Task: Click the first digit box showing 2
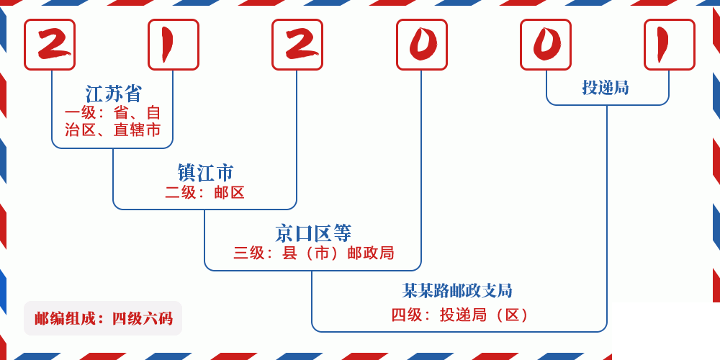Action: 50,45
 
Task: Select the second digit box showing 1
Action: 174,45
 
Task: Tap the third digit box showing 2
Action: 297,45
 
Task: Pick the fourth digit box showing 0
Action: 422,45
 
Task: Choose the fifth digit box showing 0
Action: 546,45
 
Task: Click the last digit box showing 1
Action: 670,45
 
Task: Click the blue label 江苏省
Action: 114,94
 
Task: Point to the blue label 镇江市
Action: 205,173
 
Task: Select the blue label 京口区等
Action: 313,233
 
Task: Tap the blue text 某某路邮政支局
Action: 457,291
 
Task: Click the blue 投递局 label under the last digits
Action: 606,88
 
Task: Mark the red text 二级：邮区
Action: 205,192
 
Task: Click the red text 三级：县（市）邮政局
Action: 313,253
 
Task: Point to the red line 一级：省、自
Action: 113,113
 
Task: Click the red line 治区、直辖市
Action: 113,130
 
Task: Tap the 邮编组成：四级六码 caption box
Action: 103,318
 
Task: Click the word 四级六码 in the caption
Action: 142,318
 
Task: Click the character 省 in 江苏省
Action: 133,94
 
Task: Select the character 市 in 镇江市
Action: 225,173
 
